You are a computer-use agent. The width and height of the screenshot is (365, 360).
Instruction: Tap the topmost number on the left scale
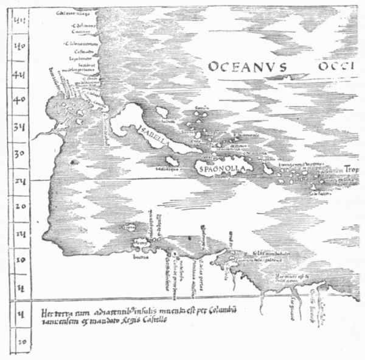coord(19,18)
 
